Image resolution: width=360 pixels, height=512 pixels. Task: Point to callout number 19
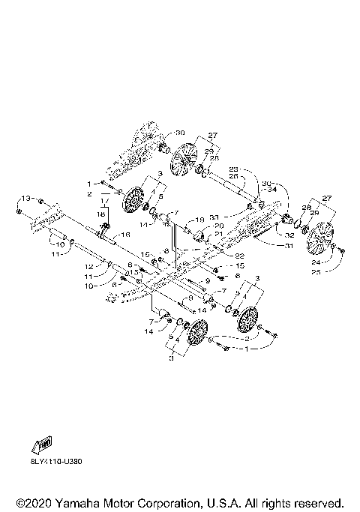coord(200,219)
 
